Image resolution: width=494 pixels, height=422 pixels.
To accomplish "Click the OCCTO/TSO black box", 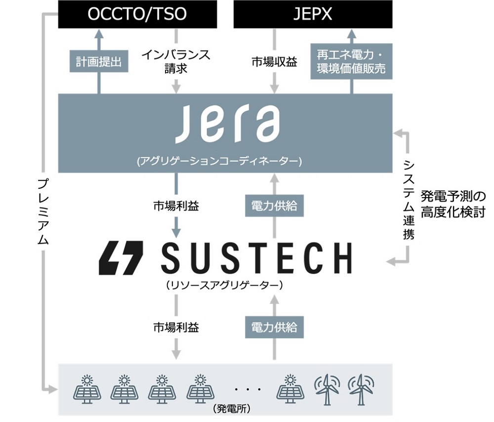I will [x=137, y=14].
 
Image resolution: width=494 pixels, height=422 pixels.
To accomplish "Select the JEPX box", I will [x=313, y=14].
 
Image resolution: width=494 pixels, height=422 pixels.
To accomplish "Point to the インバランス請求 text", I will [x=176, y=61].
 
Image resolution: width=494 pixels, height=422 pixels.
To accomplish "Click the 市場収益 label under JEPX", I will [x=274, y=62].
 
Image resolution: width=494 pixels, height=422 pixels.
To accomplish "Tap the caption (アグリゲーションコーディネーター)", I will [x=226, y=161].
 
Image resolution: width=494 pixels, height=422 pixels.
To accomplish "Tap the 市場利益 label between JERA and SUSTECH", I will [x=176, y=206].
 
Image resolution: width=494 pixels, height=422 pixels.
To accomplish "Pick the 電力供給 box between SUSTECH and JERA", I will [x=274, y=206].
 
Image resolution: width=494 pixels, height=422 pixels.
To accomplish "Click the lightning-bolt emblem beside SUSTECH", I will [x=122, y=257].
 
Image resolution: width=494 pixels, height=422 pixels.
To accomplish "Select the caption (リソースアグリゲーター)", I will [x=225, y=285].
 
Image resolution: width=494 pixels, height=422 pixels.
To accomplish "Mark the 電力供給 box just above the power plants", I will [x=274, y=327].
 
